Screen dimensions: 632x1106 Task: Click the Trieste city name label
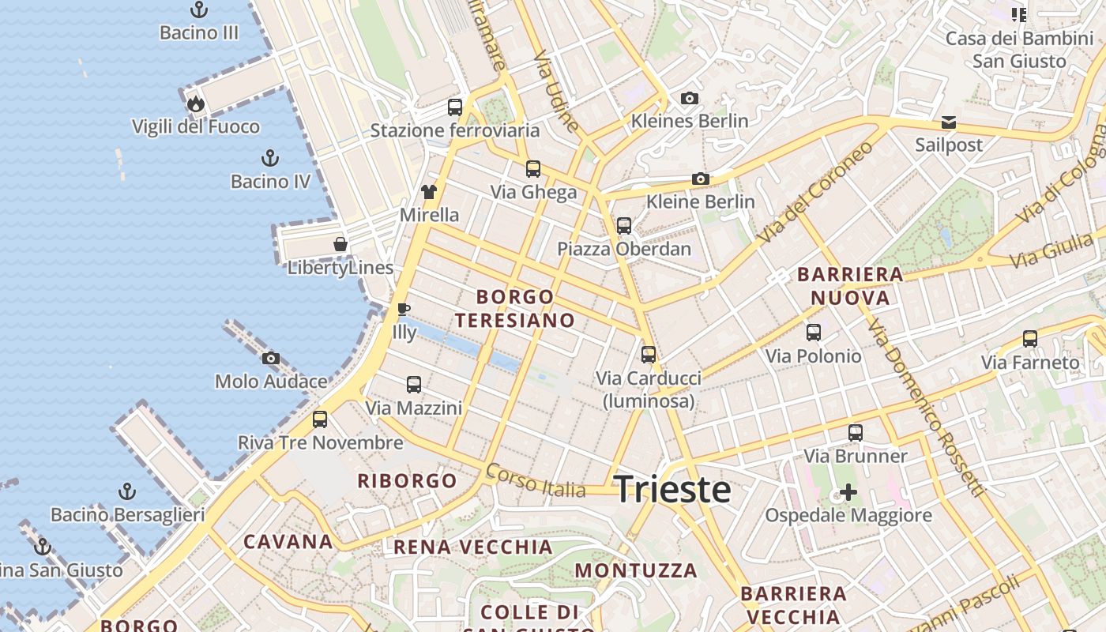672,489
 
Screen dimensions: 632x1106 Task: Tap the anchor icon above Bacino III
199,10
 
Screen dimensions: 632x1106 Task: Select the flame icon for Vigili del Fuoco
195,103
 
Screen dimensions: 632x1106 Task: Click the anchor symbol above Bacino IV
270,158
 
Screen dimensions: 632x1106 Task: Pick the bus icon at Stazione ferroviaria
455,107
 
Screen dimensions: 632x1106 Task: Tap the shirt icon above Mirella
429,191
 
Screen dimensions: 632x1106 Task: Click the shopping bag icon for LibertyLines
340,244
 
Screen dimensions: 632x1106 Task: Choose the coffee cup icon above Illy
404,309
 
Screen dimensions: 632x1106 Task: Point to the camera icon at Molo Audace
271,359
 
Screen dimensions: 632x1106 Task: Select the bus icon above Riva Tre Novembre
320,419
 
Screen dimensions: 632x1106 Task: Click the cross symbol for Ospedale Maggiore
848,493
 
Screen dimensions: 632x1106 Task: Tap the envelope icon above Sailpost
948,122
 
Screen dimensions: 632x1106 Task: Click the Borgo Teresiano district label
514,309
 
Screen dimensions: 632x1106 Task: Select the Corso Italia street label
536,480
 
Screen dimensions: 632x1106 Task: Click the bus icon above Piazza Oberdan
624,226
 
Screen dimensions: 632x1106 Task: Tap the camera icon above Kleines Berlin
690,99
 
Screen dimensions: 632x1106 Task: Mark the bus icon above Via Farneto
1030,339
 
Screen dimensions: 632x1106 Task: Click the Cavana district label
288,542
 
